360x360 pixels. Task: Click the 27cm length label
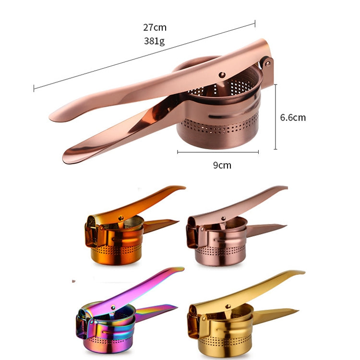tap(155, 27)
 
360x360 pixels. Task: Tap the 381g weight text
tap(155, 41)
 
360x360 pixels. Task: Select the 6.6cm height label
tap(293, 117)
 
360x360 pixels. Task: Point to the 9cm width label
tap(222, 165)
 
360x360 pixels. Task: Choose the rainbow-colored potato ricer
tap(120, 314)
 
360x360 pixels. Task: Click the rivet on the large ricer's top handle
tap(222, 74)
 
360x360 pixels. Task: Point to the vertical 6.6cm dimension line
tap(276, 117)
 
